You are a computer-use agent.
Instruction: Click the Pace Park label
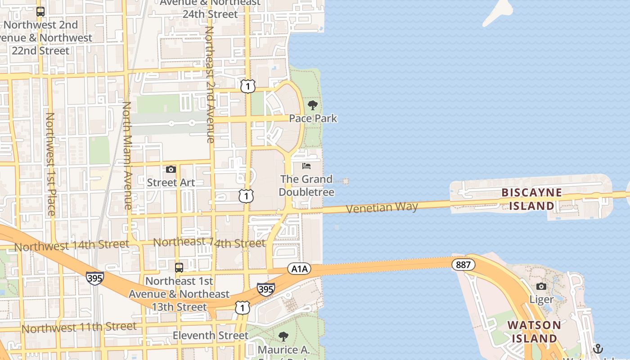[313, 118]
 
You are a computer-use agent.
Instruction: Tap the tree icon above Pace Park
[312, 106]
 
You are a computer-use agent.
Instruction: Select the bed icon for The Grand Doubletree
[306, 166]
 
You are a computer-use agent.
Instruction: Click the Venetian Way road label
[382, 207]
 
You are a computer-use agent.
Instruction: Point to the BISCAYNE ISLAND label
[531, 199]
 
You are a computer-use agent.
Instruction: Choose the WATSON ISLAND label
[534, 331]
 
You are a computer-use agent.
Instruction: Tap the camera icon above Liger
[541, 287]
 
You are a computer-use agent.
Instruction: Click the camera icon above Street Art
[171, 170]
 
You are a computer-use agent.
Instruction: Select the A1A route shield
[299, 269]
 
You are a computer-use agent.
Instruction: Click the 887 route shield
[463, 265]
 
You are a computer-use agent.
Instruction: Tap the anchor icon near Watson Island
[598, 348]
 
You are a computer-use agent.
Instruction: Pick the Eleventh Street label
[211, 336]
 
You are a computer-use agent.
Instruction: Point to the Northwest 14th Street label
[72, 246]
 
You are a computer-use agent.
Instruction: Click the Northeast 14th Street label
[209, 243]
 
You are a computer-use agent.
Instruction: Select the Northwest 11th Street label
[79, 327]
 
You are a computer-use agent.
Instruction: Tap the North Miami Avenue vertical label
[127, 155]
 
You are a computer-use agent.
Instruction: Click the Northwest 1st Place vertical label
[50, 164]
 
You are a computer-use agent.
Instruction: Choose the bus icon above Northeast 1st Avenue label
[179, 268]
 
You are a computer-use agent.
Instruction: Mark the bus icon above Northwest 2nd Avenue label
[40, 12]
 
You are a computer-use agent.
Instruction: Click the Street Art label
[171, 183]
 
